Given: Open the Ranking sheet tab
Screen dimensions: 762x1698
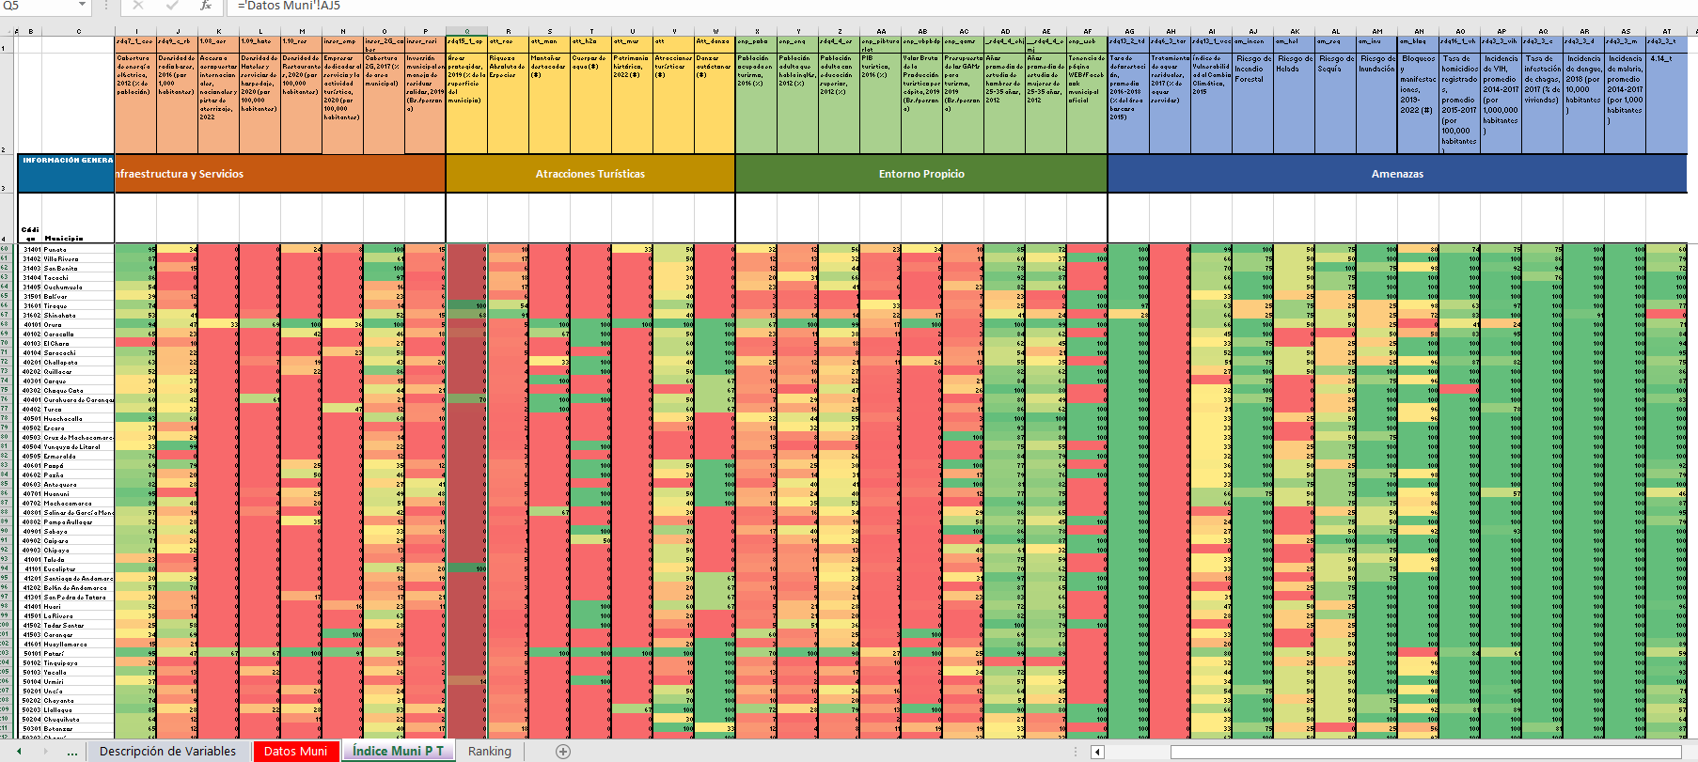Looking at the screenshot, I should pyautogui.click(x=489, y=751).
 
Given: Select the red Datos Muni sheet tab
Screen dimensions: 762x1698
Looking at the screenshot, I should pyautogui.click(x=295, y=751).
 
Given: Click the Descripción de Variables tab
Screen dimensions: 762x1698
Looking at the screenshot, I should pyautogui.click(x=167, y=751).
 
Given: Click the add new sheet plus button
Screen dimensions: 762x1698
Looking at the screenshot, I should pyautogui.click(x=563, y=751).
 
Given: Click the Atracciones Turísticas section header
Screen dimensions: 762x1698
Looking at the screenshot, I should pyautogui.click(x=590, y=174).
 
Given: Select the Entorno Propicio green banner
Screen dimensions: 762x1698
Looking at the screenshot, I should pyautogui.click(x=921, y=174).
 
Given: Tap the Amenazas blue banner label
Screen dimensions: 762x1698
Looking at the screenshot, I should pyautogui.click(x=1397, y=174).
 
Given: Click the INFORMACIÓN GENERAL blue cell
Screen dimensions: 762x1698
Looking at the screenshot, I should pyautogui.click(x=67, y=161).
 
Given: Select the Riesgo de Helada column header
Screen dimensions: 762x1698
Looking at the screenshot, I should pyautogui.click(x=1294, y=64).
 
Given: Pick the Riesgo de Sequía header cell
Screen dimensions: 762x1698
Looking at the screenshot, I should pyautogui.click(x=1335, y=64).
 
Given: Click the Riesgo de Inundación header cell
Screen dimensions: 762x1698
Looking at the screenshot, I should pyautogui.click(x=1376, y=64).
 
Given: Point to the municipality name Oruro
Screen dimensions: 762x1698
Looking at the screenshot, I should pyautogui.click(x=55, y=325).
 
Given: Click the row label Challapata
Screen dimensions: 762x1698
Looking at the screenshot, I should pyautogui.click(x=61, y=363).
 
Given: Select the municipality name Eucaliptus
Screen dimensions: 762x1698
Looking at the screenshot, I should pyautogui.click(x=59, y=569).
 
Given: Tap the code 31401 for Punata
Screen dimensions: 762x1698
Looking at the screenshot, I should pyautogui.click(x=32, y=250).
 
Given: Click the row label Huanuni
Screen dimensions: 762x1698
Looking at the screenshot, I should pyautogui.click(x=56, y=494).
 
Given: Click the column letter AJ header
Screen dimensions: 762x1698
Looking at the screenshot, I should pyautogui.click(x=1252, y=31).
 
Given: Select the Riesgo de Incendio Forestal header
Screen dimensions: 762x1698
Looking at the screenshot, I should pyautogui.click(x=1252, y=69).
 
